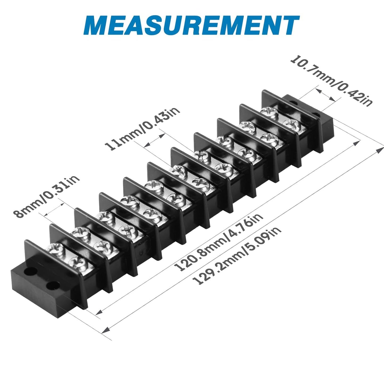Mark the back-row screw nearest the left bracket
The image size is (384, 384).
[55, 249]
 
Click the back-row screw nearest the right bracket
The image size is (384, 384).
[269, 113]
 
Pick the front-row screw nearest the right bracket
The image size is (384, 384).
[292, 124]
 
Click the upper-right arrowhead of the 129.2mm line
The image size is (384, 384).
[380, 149]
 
